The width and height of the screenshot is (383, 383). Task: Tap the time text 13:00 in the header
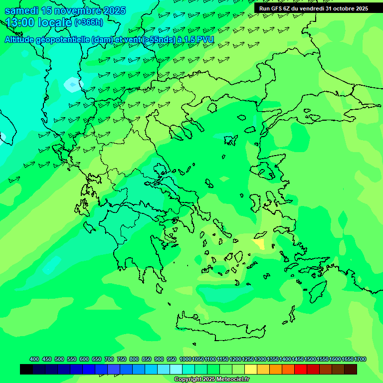pyautogui.click(x=20, y=22)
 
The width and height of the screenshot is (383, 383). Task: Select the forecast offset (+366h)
pyautogui.click(x=88, y=22)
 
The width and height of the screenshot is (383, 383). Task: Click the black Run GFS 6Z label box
pyautogui.click(x=314, y=8)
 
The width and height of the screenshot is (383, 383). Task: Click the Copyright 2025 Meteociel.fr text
pyautogui.click(x=212, y=380)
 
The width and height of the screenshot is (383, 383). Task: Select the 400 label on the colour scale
pyautogui.click(x=34, y=360)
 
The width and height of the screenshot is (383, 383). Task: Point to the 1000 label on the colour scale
pyautogui.click(x=185, y=360)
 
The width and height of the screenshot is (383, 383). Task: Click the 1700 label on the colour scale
pyautogui.click(x=361, y=360)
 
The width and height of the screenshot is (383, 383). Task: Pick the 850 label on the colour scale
pyautogui.click(x=147, y=360)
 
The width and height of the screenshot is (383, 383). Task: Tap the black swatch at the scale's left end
pyautogui.click(x=26, y=369)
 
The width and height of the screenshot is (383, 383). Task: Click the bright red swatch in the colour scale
pyautogui.click(x=301, y=369)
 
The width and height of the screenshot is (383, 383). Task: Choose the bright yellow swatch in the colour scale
pyautogui.click(x=251, y=369)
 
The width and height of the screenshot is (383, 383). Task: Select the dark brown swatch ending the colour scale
pyautogui.click(x=351, y=369)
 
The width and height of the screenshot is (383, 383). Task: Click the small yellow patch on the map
pyautogui.click(x=259, y=244)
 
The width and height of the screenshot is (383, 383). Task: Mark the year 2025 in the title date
pyautogui.click(x=111, y=10)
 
